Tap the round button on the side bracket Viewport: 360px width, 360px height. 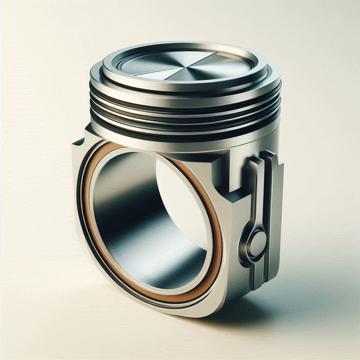pos(258,244)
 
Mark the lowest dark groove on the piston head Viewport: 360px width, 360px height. pos(186,136)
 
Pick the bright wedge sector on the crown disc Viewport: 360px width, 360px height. pos(197,68)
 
